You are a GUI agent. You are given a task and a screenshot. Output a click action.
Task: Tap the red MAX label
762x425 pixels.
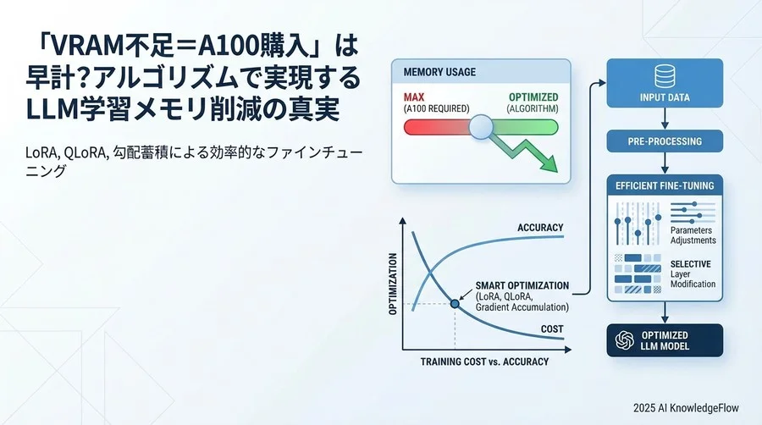pos(415,97)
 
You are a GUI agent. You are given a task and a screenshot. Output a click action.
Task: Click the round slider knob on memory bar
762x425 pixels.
pos(482,128)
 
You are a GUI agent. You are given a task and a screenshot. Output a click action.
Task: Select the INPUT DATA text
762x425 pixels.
pos(665,97)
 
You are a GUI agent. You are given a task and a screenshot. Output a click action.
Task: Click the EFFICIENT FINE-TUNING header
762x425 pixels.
pos(665,185)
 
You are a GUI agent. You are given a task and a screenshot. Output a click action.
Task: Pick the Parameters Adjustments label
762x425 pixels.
pos(692,235)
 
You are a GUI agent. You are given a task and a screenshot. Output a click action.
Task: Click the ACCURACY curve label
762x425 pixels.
pos(539,228)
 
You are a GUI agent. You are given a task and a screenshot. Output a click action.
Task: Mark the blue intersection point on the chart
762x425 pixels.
pos(455,304)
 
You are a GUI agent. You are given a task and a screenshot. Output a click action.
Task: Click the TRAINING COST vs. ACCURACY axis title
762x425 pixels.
pos(484,362)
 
